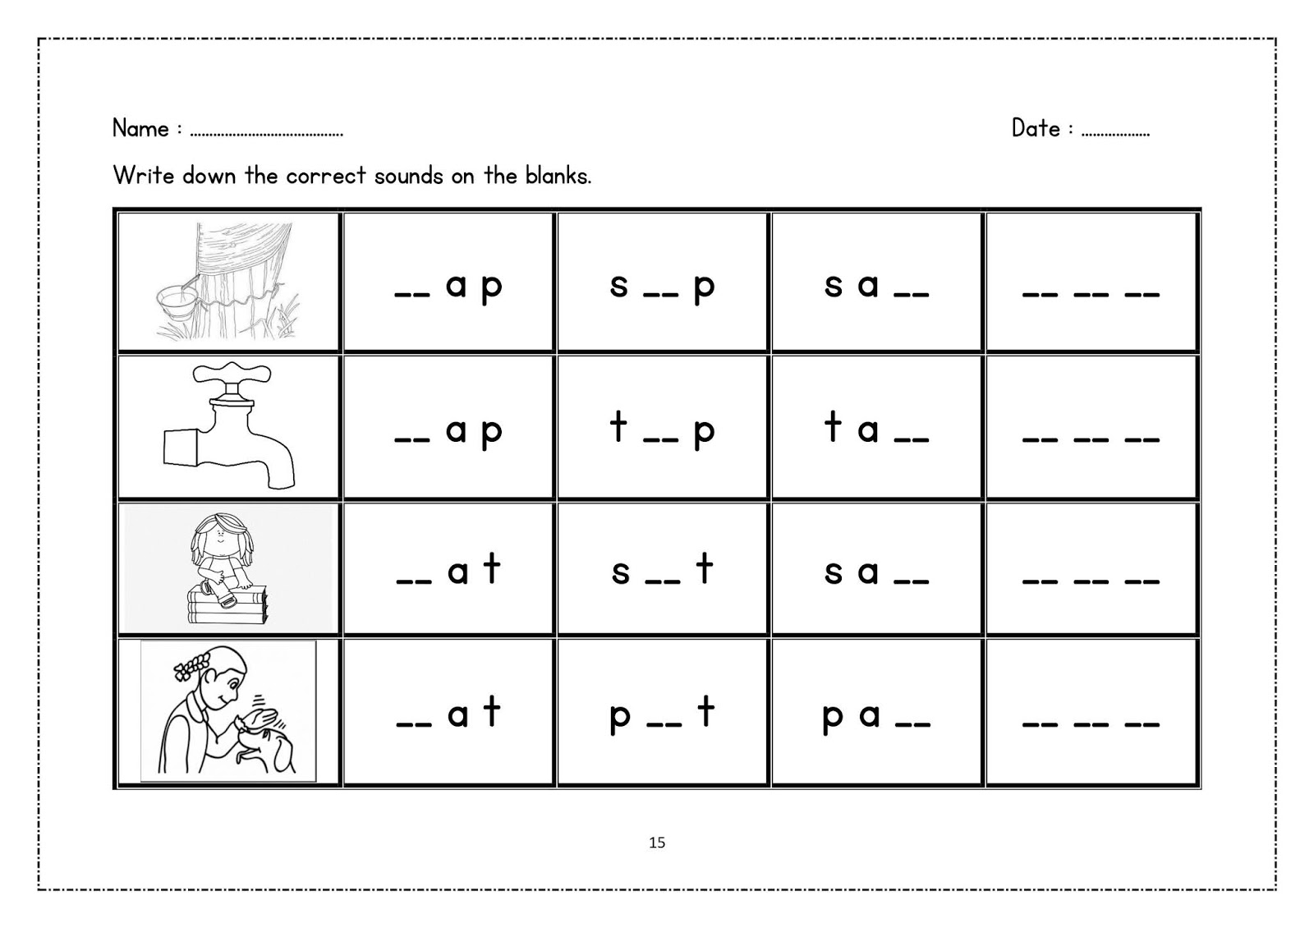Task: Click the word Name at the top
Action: click(x=140, y=129)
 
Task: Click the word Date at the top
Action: click(x=1036, y=128)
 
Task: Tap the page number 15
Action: click(x=657, y=843)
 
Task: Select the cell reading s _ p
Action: click(x=663, y=283)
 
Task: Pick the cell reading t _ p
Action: click(x=663, y=428)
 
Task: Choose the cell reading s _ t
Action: click(x=663, y=570)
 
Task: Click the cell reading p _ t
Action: click(x=663, y=713)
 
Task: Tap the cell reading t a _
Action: click(x=876, y=428)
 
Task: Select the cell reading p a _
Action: click(x=876, y=713)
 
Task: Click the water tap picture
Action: click(x=229, y=428)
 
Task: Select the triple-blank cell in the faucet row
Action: click(x=1091, y=428)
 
